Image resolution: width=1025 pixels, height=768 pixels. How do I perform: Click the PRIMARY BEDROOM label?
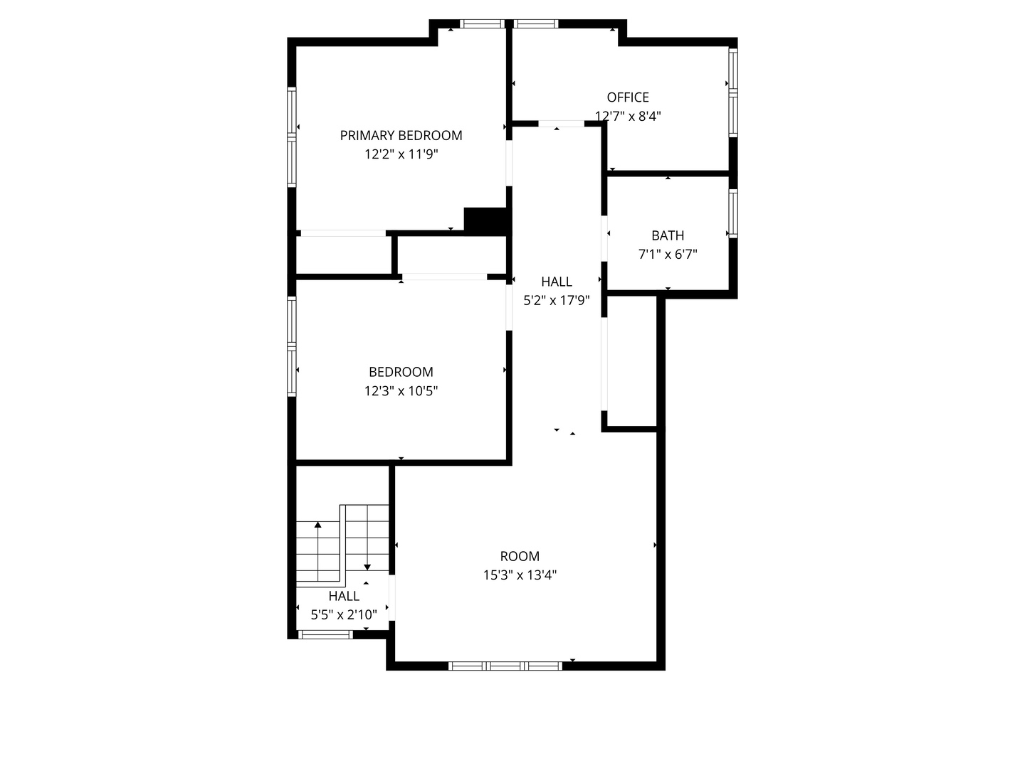[401, 135]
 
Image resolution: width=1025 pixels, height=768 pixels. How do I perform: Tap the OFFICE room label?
[628, 97]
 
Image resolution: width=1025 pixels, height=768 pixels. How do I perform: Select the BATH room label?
[668, 235]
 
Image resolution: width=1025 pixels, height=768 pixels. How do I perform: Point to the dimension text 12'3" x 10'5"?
[401, 390]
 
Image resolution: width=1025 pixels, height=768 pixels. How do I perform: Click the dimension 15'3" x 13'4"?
[520, 575]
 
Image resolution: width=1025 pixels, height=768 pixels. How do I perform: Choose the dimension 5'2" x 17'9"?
[557, 300]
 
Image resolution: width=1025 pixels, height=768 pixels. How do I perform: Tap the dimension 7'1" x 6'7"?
[668, 254]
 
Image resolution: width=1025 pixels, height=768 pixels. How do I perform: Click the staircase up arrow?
[318, 526]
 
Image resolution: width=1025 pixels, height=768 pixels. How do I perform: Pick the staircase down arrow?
[367, 565]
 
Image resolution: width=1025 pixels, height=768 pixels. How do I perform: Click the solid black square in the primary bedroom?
[485, 219]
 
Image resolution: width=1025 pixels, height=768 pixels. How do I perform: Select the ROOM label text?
[520, 556]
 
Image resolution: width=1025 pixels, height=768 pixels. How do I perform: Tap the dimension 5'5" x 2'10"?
[344, 614]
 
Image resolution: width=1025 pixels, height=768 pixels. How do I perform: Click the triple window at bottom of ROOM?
[505, 666]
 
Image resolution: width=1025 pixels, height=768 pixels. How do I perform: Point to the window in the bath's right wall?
[733, 213]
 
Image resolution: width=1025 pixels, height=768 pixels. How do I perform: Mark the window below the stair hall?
[325, 634]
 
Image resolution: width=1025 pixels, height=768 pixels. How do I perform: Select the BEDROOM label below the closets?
[401, 372]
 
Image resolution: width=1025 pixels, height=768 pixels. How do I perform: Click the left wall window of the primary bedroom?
[291, 136]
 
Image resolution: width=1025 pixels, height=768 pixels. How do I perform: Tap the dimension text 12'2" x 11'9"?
[401, 154]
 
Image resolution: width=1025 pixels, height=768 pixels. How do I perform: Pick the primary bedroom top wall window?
[483, 23]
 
